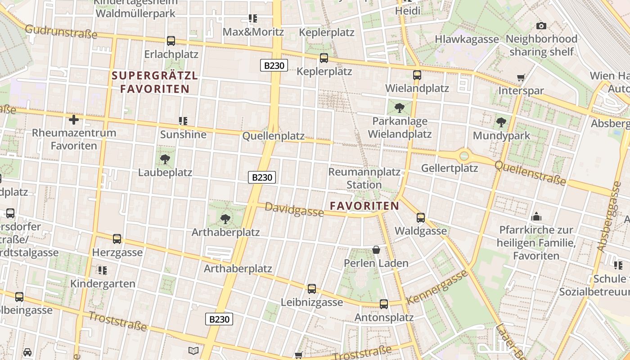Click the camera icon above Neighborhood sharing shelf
(x=541, y=26)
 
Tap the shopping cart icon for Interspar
(x=521, y=77)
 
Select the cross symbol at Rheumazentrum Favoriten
(x=74, y=119)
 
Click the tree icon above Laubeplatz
(x=165, y=159)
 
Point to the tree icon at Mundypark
(x=501, y=122)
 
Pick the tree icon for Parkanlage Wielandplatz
(x=399, y=108)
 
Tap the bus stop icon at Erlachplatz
(x=171, y=40)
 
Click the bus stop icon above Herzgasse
(x=117, y=238)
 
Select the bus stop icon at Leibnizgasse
(x=312, y=288)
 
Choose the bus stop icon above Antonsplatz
(x=384, y=304)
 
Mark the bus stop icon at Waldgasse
(x=421, y=217)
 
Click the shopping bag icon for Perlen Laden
(x=376, y=249)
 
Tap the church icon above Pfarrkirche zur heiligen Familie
(x=536, y=216)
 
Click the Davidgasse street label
(x=294, y=209)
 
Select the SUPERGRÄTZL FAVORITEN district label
(x=155, y=82)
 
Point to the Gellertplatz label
(x=449, y=168)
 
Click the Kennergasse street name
(x=437, y=287)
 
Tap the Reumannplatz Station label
(x=364, y=178)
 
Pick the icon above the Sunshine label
(x=183, y=121)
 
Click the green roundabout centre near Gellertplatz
(x=464, y=156)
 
